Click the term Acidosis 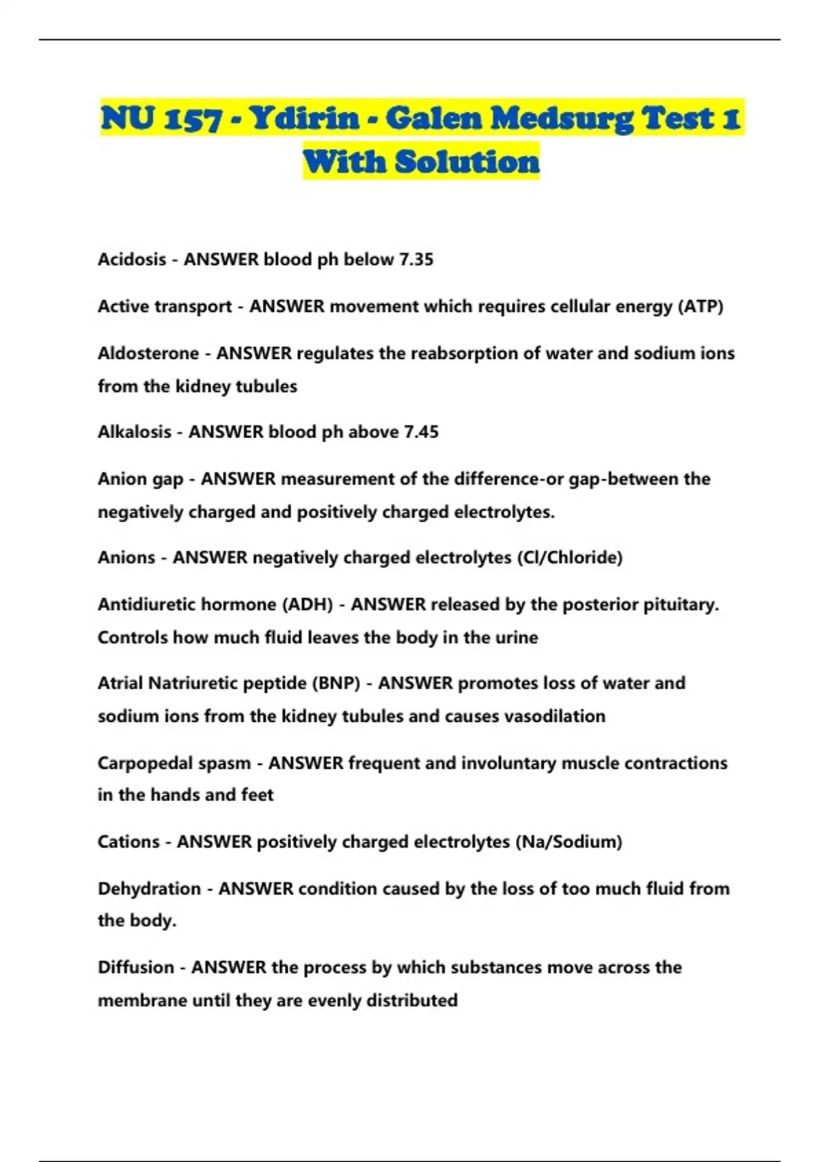(132, 260)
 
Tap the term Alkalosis (134, 432)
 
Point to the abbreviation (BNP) (336, 683)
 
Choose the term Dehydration (149, 889)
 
